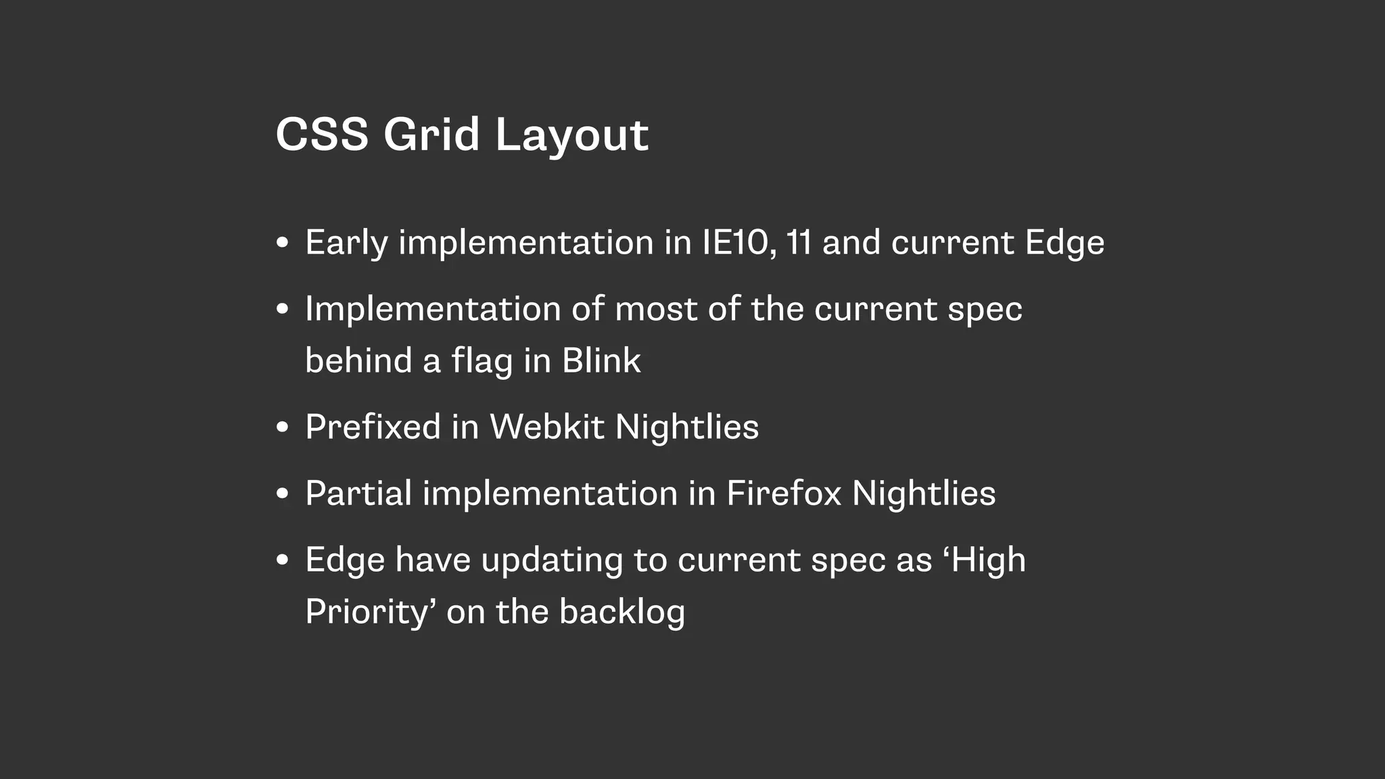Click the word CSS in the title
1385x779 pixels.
tap(322, 134)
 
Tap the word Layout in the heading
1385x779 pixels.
tap(571, 135)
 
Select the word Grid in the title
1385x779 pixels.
tap(431, 134)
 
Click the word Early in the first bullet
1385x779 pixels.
tap(346, 243)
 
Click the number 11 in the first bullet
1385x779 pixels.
tap(799, 243)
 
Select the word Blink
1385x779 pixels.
tap(601, 360)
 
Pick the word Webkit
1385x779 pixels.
tap(546, 427)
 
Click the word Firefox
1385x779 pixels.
tap(783, 493)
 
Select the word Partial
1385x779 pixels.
tap(358, 493)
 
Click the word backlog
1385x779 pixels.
tap(621, 612)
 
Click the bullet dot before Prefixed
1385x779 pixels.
tap(283, 427)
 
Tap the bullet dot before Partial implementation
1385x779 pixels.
tap(283, 494)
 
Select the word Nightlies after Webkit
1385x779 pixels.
tap(686, 427)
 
